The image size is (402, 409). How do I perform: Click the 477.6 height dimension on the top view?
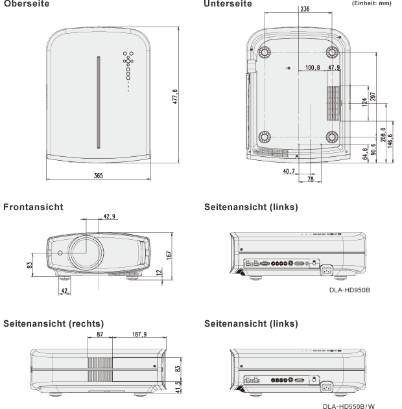[175, 97]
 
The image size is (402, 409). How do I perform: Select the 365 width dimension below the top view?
[99, 176]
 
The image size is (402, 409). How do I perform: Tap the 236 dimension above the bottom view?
[305, 9]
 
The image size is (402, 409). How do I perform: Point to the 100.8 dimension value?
[313, 67]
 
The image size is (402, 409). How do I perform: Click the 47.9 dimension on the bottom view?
[334, 67]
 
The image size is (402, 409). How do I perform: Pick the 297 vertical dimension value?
[373, 97]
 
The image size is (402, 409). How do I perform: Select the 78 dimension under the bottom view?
[311, 179]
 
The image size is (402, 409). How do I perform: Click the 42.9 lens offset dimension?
[110, 216]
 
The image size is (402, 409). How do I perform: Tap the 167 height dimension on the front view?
[169, 255]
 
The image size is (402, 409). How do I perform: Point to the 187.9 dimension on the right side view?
[139, 334]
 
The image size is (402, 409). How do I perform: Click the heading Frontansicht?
[33, 207]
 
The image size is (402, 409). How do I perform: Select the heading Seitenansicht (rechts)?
[53, 323]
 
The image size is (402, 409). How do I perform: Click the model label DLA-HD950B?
[349, 290]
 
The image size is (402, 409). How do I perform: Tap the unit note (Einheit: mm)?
[372, 3]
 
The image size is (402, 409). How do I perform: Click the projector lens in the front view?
[86, 253]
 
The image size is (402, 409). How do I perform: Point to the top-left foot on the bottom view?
[265, 52]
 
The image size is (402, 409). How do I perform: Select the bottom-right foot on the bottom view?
[332, 137]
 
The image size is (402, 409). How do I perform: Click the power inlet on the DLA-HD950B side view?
[326, 270]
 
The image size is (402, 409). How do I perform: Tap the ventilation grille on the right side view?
[100, 369]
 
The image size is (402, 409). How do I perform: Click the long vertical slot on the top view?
[99, 102]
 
